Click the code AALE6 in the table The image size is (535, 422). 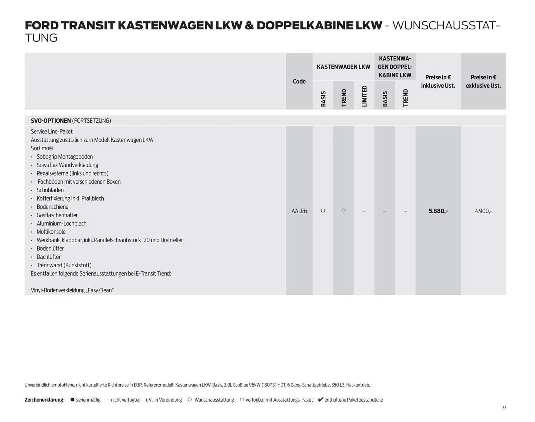tap(299, 211)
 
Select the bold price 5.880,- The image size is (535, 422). tap(438, 211)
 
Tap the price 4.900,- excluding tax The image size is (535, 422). tap(483, 211)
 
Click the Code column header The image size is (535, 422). tap(299, 81)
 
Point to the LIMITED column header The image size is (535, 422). tap(364, 96)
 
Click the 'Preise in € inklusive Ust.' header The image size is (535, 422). tap(438, 81)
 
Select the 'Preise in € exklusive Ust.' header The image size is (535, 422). tap(483, 81)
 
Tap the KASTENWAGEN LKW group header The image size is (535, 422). tap(343, 67)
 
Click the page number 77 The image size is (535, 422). tap(504, 408)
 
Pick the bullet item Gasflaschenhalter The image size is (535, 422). tap(57, 215)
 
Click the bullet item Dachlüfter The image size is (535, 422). tap(48, 257)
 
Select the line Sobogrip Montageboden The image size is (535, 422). tap(65, 157)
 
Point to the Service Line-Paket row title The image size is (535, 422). tap(52, 132)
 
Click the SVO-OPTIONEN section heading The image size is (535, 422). tap(51, 121)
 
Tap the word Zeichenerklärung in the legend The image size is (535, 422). tap(45, 400)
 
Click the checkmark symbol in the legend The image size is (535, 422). tap(320, 399)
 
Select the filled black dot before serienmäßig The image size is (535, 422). tap(72, 400)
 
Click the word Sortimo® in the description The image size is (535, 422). tap(42, 148)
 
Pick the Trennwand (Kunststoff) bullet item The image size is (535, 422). tap(64, 265)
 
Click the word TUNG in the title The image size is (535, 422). tap(41, 38)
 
